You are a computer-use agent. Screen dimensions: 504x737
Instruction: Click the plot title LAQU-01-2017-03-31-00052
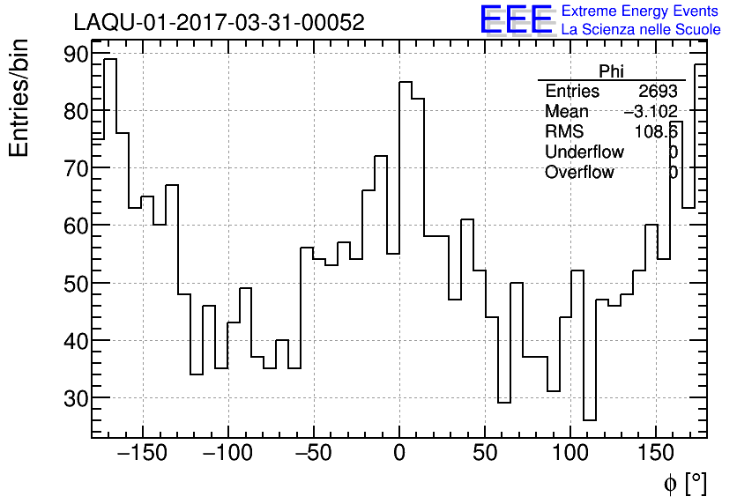click(219, 23)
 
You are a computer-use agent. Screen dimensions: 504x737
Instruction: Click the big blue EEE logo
click(516, 20)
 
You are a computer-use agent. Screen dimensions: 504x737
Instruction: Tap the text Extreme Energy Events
click(640, 11)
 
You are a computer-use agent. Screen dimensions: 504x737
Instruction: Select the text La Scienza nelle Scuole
click(641, 29)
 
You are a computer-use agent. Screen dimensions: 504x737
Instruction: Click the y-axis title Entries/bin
click(19, 98)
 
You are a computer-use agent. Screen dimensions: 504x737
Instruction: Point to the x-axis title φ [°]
click(684, 483)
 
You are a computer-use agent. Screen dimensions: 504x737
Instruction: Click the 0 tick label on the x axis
click(399, 455)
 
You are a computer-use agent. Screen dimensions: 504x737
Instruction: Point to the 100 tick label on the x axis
click(570, 455)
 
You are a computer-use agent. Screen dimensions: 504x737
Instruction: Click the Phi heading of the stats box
click(611, 72)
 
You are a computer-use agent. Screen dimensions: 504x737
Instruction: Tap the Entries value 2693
click(658, 92)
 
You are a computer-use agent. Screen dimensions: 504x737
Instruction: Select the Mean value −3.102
click(650, 111)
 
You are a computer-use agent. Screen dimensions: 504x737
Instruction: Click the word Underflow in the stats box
click(584, 152)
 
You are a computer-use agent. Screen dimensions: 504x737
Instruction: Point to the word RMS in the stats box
click(563, 131)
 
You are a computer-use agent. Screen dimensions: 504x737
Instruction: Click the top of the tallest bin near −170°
click(110, 60)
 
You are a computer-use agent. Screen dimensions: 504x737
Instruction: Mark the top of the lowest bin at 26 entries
click(590, 420)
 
